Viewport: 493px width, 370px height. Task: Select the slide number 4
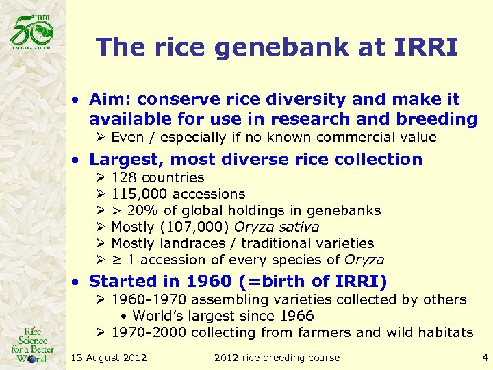tap(484, 357)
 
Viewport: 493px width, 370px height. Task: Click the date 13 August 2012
tap(108, 358)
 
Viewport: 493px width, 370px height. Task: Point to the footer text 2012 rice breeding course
tap(277, 358)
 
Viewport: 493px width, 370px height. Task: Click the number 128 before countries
tap(123, 178)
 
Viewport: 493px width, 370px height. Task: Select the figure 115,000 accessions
tap(177, 195)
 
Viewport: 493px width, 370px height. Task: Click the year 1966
tap(296, 316)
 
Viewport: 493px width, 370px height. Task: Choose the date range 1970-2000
tap(149, 332)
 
